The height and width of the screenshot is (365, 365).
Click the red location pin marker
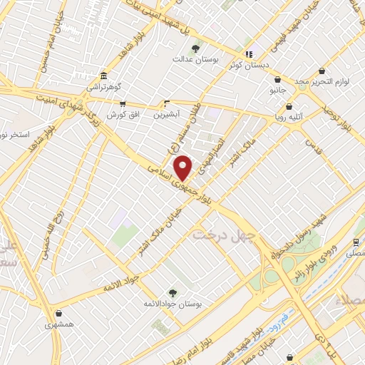(184, 168)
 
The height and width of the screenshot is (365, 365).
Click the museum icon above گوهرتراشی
(104, 76)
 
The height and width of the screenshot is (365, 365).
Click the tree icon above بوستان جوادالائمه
(171, 292)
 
